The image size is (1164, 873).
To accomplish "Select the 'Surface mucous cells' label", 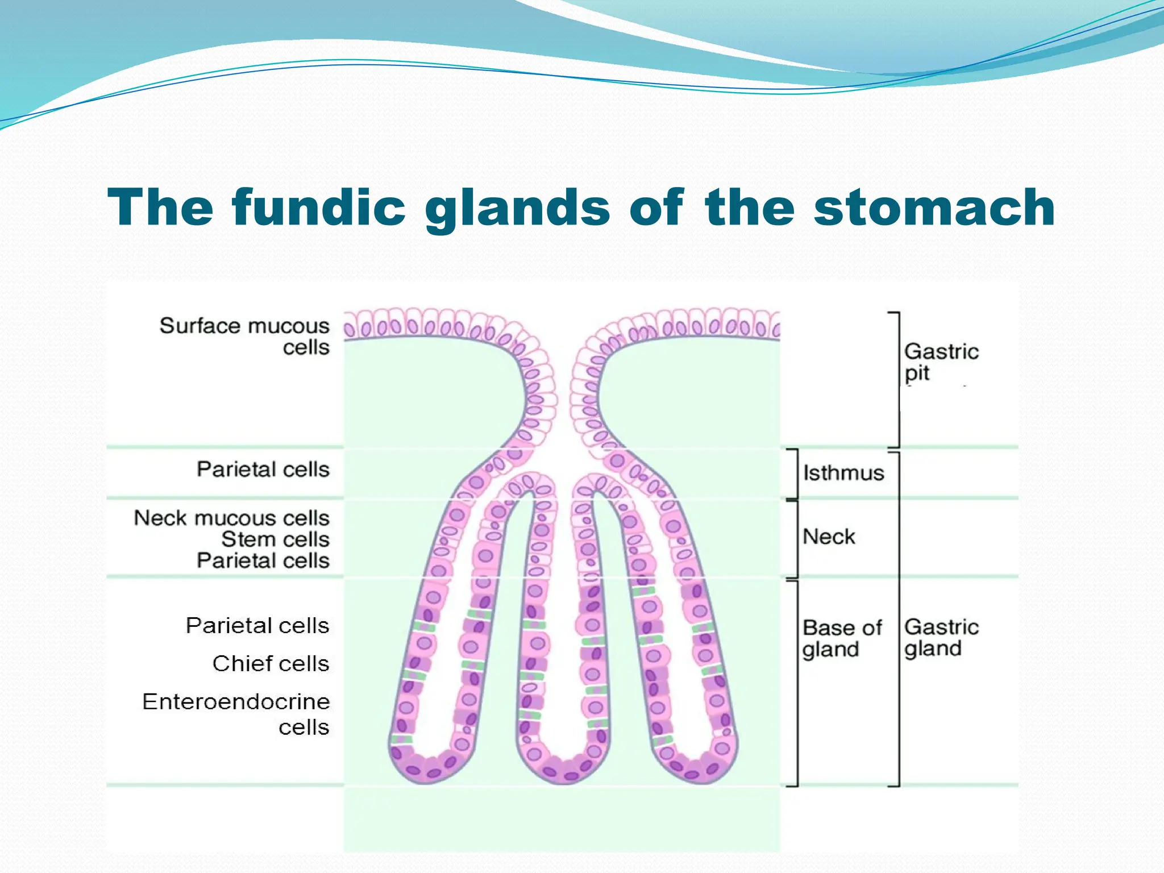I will (244, 336).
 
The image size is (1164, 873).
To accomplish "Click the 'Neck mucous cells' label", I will (232, 518).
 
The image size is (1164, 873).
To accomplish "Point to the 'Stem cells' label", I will (275, 539).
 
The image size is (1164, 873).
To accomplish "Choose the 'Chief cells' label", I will (271, 663).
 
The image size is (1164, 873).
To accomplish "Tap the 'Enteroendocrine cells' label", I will (236, 714).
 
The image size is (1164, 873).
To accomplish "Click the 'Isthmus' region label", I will (843, 473).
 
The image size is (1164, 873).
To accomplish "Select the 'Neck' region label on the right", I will (829, 537).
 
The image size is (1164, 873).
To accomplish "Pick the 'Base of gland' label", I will (841, 638).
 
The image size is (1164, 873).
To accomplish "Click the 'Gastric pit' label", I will (941, 362).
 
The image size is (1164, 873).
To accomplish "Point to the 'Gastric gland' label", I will (941, 637).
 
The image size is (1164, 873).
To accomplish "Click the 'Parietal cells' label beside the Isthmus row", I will (263, 469).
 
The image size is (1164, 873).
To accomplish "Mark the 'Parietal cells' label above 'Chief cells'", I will (257, 626).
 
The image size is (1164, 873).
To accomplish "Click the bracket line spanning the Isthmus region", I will (797, 474).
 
